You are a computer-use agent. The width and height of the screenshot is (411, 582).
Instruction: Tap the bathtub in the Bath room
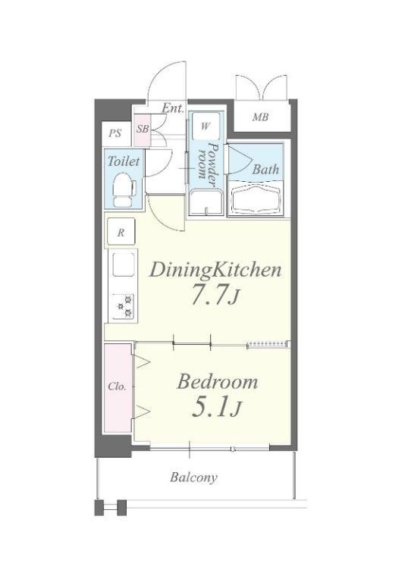point(255,199)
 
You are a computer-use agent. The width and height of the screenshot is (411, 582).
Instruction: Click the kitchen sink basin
point(124,264)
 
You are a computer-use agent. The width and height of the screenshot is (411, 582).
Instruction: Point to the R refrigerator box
point(121,233)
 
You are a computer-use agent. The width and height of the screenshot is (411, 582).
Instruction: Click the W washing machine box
point(205,126)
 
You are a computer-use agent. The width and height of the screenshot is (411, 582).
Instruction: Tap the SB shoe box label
point(143,129)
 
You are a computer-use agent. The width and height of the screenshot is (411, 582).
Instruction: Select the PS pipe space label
point(115,133)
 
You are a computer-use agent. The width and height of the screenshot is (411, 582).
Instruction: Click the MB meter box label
point(260,117)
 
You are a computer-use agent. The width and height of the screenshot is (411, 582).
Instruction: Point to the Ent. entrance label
point(173,108)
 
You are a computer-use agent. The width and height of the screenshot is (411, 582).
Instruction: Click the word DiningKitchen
point(215,271)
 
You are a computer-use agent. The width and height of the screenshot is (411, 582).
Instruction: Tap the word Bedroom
point(217,382)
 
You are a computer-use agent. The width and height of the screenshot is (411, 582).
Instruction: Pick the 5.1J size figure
point(216,408)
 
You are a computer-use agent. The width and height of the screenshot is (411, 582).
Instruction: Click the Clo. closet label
point(118,386)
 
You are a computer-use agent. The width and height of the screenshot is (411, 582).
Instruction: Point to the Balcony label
point(193,477)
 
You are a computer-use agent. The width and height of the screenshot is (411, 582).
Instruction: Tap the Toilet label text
point(124,161)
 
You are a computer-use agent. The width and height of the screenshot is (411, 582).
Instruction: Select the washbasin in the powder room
point(206,202)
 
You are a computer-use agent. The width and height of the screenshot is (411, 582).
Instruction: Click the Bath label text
point(265,170)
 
